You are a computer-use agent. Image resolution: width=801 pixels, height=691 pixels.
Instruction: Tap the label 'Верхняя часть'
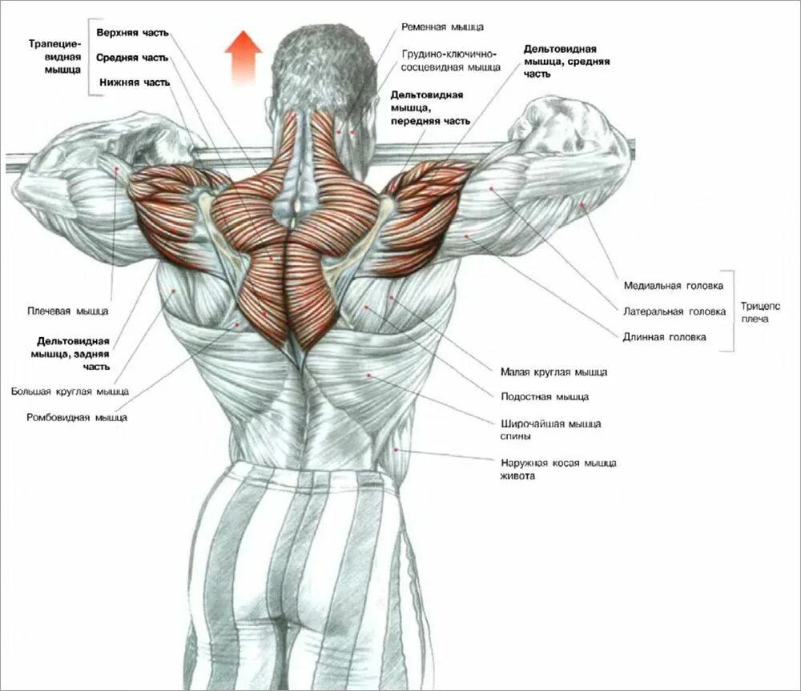point(133,34)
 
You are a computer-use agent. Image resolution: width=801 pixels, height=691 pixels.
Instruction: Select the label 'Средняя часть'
point(132,58)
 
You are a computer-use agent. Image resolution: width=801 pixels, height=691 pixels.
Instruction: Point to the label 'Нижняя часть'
point(135,82)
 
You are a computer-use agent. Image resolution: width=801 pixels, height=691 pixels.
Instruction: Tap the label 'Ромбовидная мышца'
point(76,417)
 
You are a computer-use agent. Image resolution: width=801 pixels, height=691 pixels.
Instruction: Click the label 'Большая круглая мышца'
point(70,392)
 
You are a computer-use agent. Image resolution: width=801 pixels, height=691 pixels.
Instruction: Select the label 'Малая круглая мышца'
point(553,372)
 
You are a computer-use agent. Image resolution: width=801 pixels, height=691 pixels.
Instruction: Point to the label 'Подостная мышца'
point(545,396)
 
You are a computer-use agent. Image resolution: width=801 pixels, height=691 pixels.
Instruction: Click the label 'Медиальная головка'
point(673,285)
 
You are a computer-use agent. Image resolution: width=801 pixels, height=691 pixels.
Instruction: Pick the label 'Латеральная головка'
point(674,311)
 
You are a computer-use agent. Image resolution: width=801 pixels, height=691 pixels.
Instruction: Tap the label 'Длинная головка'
point(665,337)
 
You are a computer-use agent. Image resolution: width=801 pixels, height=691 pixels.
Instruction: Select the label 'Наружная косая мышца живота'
point(558,469)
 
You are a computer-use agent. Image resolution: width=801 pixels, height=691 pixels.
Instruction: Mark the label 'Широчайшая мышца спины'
point(551,430)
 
